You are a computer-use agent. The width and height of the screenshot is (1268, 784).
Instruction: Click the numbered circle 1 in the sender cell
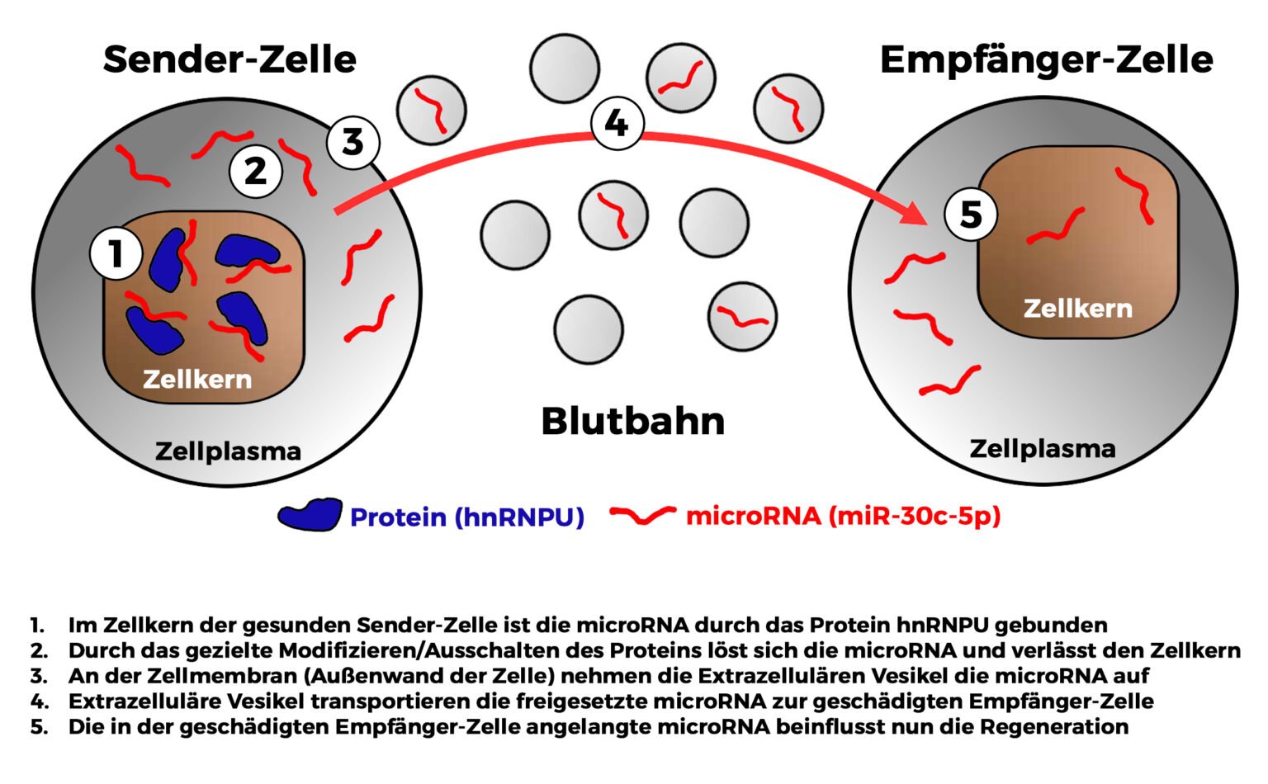(x=116, y=253)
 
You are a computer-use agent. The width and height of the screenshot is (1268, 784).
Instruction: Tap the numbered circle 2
(x=256, y=172)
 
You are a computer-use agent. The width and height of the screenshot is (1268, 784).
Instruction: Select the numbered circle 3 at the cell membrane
(x=352, y=142)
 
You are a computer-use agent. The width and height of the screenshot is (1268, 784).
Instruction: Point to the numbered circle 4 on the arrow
(x=617, y=124)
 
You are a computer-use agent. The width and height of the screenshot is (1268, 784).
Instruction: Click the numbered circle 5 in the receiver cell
(x=971, y=215)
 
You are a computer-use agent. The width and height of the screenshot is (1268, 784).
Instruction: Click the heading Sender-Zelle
(x=229, y=60)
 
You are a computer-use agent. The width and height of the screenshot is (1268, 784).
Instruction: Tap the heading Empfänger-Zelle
(x=1046, y=60)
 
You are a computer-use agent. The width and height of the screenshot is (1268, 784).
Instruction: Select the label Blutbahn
(x=632, y=421)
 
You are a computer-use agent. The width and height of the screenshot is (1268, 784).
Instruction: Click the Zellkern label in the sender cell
(x=197, y=379)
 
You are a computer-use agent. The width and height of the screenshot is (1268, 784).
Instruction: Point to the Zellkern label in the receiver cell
(x=1077, y=309)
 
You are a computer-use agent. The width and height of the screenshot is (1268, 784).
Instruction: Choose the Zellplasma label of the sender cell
(x=228, y=451)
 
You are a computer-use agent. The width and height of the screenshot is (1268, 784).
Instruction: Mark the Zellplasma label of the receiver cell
(x=1042, y=449)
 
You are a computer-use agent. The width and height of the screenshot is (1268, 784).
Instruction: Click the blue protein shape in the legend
(x=310, y=515)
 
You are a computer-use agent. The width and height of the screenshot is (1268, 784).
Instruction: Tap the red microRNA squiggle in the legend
(x=642, y=515)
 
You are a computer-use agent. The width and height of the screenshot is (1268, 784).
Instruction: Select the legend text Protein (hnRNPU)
(x=467, y=517)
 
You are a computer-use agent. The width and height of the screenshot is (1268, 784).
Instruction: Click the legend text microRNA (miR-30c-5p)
(x=843, y=516)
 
